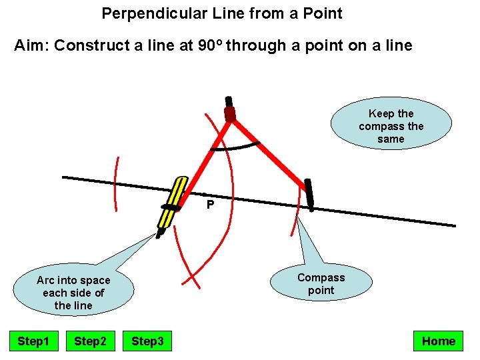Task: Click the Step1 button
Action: click(x=33, y=341)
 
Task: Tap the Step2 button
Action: click(x=90, y=341)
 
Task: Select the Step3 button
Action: click(x=147, y=341)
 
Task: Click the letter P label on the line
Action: click(x=210, y=205)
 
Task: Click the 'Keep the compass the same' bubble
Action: click(x=391, y=126)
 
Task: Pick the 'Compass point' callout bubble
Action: click(x=321, y=284)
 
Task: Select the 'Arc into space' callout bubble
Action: click(x=73, y=292)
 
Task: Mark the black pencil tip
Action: click(x=159, y=234)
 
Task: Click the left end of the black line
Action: click(x=64, y=177)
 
